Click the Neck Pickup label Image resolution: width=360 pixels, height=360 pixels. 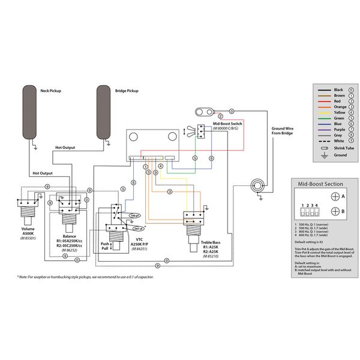point(51,91)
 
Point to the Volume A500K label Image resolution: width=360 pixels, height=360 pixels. point(28,231)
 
